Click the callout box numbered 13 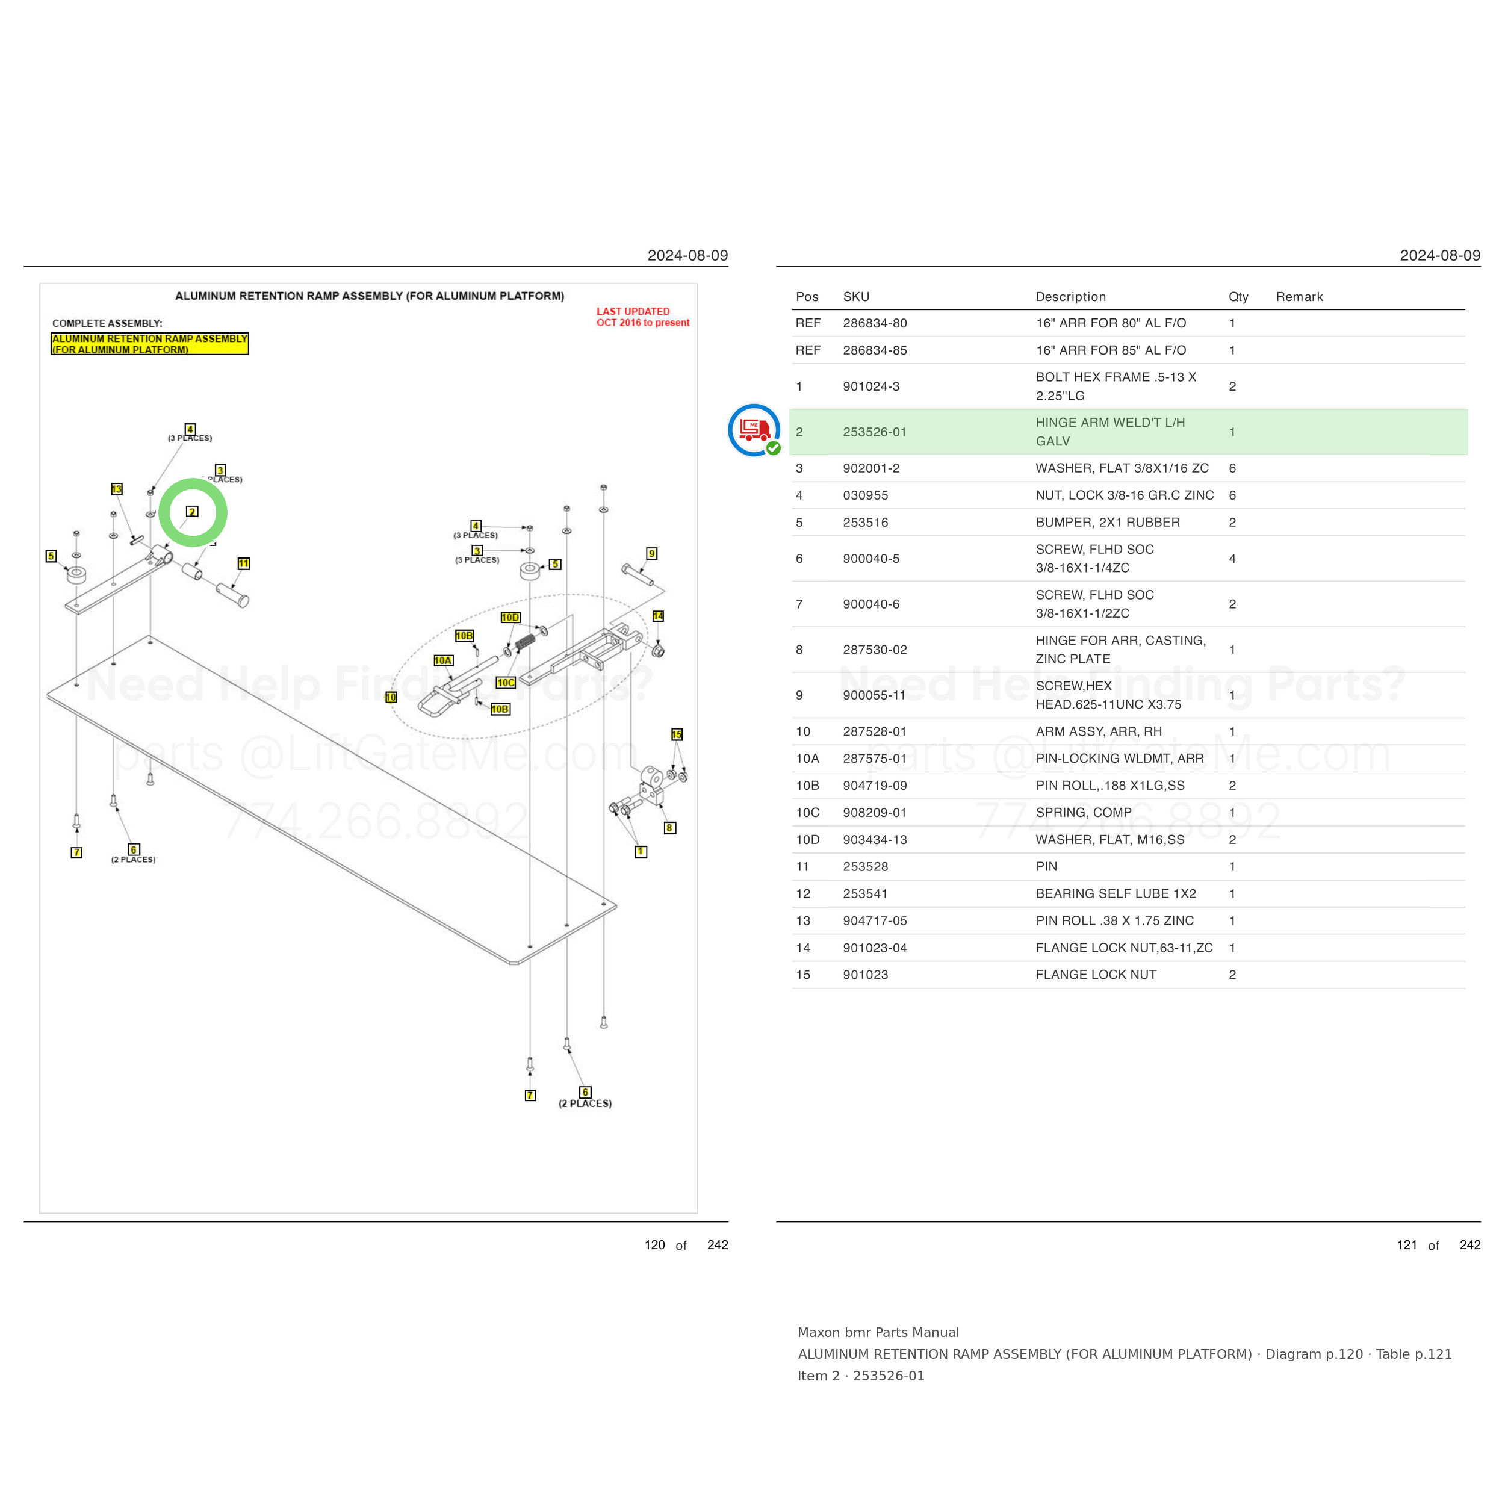pyautogui.click(x=117, y=489)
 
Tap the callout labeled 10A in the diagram pyautogui.click(x=443, y=660)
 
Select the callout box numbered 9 pyautogui.click(x=652, y=554)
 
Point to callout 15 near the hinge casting pyautogui.click(x=677, y=734)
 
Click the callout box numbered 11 pyautogui.click(x=244, y=563)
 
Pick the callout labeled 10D pyautogui.click(x=510, y=618)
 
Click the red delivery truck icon pyautogui.click(x=754, y=429)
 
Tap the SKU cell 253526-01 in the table pyautogui.click(x=875, y=432)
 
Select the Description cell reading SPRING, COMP pyautogui.click(x=1084, y=813)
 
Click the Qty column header pyautogui.click(x=1238, y=297)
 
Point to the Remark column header pyautogui.click(x=1299, y=297)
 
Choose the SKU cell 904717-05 pyautogui.click(x=875, y=921)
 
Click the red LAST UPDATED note pyautogui.click(x=643, y=317)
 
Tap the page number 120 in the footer pyautogui.click(x=654, y=1245)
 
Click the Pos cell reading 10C pyautogui.click(x=808, y=813)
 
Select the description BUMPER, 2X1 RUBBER pyautogui.click(x=1108, y=523)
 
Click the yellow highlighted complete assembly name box pyautogui.click(x=149, y=344)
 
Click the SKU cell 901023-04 pyautogui.click(x=875, y=948)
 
